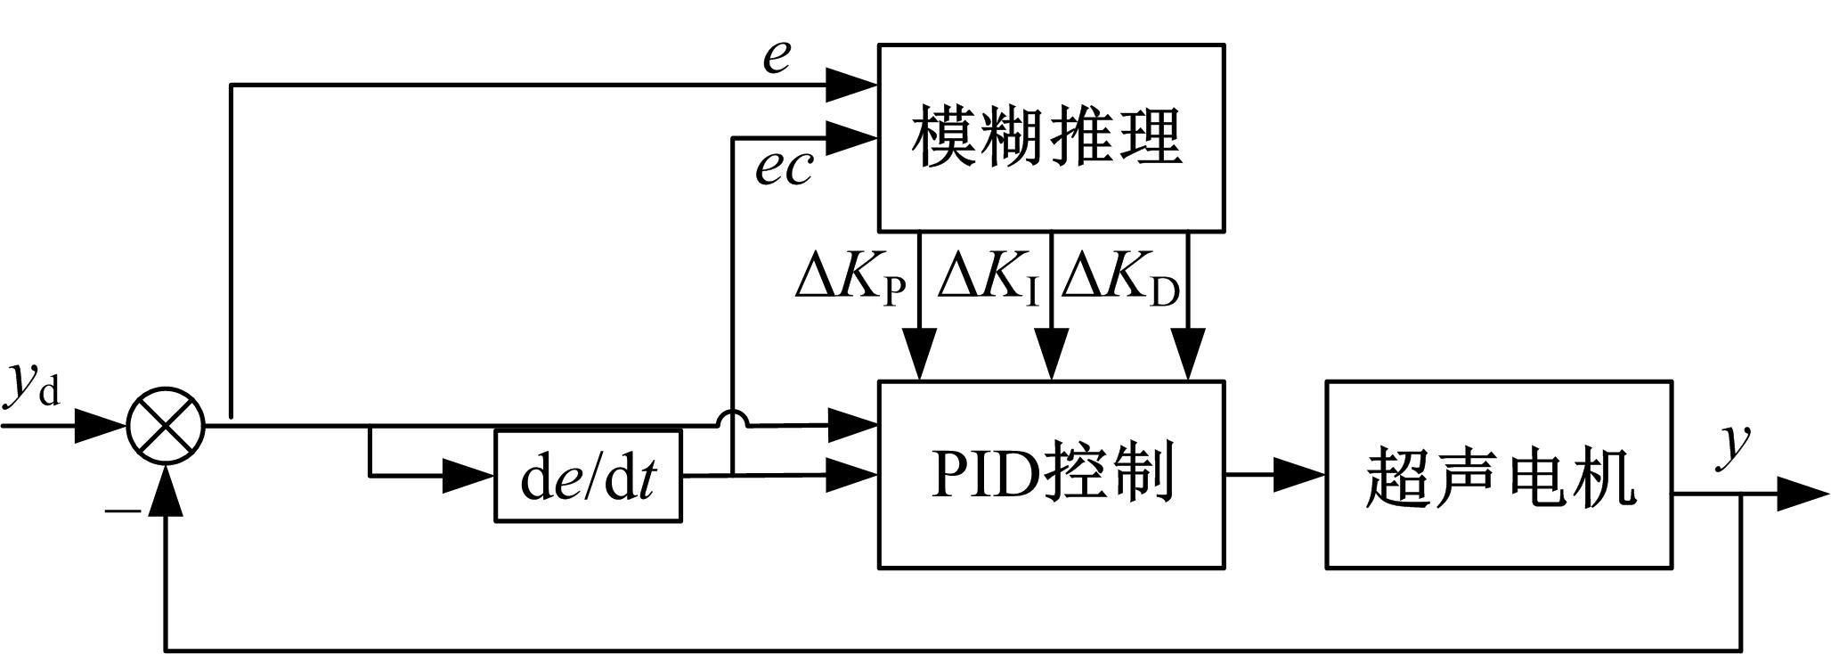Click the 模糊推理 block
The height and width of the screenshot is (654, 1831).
click(x=1051, y=138)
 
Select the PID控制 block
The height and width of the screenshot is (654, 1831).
click(x=1051, y=474)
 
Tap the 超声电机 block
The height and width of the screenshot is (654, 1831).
click(x=1498, y=474)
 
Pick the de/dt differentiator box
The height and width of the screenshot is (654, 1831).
click(x=588, y=477)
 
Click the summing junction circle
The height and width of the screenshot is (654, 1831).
click(x=167, y=426)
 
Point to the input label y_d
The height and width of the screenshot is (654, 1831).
click(x=34, y=385)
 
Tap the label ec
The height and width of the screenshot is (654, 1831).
click(x=784, y=167)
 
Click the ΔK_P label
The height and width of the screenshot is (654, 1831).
click(x=850, y=279)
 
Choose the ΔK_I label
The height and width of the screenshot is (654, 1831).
click(x=989, y=279)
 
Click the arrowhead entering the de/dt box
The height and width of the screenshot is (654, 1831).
click(x=468, y=477)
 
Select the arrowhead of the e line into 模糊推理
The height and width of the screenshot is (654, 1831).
click(x=852, y=85)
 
